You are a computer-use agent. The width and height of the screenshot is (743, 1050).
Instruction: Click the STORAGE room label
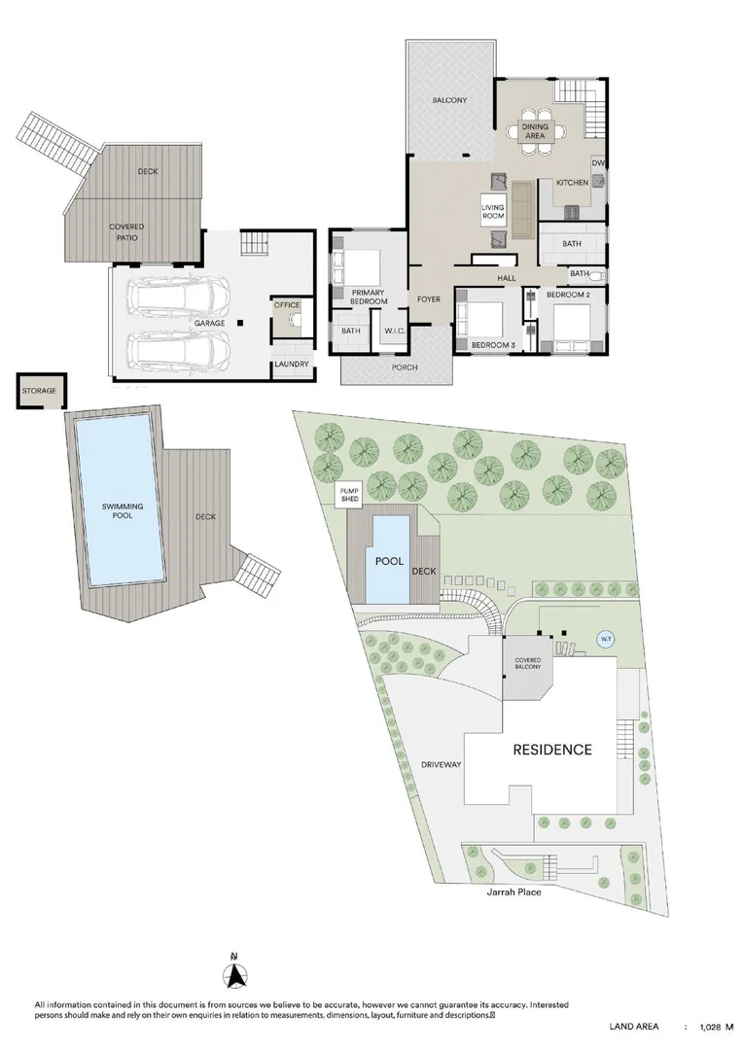click(39, 391)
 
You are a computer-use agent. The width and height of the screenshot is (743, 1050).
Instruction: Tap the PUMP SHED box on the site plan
click(349, 496)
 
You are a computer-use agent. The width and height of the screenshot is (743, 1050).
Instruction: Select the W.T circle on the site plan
click(606, 640)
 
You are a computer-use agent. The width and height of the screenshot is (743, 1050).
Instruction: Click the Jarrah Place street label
click(514, 892)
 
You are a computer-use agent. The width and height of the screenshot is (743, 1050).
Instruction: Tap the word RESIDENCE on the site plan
click(552, 750)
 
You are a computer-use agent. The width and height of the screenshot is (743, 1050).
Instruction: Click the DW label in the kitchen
click(598, 163)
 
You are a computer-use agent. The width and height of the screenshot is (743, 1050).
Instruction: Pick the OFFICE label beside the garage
click(287, 305)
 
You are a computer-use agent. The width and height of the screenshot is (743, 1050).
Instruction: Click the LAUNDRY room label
click(292, 365)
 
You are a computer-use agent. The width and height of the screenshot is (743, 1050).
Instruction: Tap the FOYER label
click(429, 299)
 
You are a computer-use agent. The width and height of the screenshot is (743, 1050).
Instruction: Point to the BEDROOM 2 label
click(568, 295)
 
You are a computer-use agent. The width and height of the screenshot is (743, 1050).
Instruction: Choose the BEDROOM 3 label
click(493, 345)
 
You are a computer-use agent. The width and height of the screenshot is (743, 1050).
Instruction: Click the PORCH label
click(405, 367)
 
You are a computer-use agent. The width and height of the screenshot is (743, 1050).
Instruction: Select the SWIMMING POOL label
click(123, 511)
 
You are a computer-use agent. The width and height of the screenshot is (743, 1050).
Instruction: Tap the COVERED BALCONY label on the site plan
click(528, 664)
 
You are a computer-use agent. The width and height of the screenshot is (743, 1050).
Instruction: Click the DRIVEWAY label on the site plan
click(441, 765)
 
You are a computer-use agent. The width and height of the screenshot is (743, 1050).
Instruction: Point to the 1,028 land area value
click(710, 1027)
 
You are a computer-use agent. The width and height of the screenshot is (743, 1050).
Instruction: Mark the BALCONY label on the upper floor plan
click(449, 100)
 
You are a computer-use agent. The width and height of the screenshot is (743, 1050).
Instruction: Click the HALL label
click(507, 278)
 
